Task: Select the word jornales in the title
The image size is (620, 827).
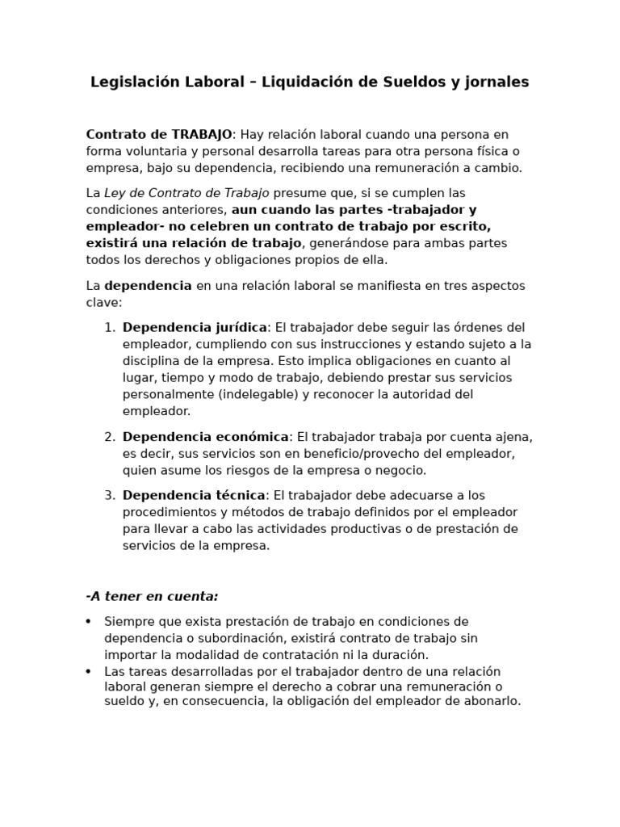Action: [x=498, y=82]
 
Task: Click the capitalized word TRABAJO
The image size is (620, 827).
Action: [x=202, y=134]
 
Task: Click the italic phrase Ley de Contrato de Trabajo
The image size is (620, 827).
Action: [x=186, y=193]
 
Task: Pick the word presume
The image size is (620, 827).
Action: [x=299, y=193]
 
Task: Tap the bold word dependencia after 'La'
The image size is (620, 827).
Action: [x=149, y=286]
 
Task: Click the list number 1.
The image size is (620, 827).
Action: [x=110, y=328]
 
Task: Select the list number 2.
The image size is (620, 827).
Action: [x=110, y=437]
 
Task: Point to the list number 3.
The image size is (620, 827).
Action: [x=110, y=495]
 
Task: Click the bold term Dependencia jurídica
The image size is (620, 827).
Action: [x=195, y=328]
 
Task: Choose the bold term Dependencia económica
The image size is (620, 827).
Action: [x=205, y=437]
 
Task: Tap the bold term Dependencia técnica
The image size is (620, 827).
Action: [x=194, y=495]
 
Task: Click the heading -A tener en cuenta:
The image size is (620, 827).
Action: [x=152, y=597]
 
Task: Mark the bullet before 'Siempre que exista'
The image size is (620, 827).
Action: [x=88, y=622]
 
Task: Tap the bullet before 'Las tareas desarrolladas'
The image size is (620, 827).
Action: [x=88, y=672]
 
